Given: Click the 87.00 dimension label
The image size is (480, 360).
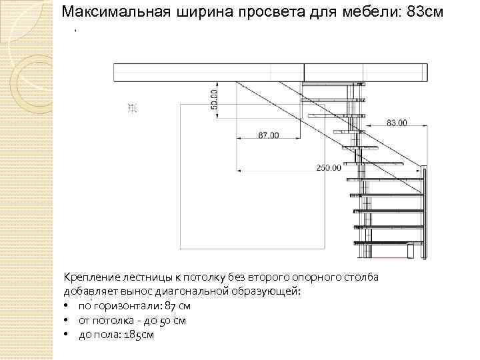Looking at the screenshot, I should click(x=269, y=135).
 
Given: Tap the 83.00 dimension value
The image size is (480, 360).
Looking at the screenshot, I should click(x=397, y=123).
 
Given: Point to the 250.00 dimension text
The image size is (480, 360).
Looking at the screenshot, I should click(x=328, y=167).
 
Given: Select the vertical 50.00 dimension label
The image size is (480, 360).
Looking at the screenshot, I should click(x=215, y=99).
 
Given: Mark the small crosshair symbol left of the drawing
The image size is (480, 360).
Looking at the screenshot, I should click(x=132, y=108).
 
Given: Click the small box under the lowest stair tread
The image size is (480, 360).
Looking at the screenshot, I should click(x=409, y=251).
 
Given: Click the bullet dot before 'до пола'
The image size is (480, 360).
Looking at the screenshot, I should click(x=68, y=335).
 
